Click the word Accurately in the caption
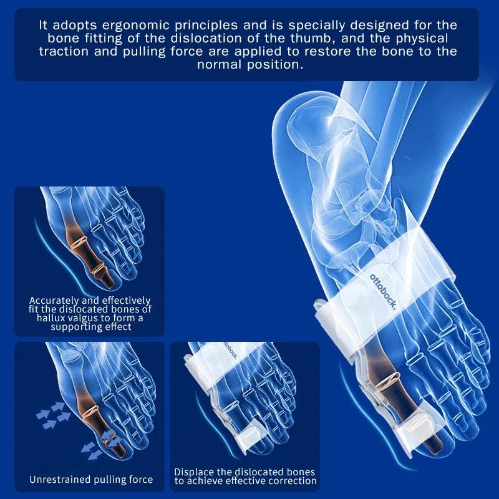point(56,301)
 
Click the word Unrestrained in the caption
point(61,480)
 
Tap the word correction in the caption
point(291,481)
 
